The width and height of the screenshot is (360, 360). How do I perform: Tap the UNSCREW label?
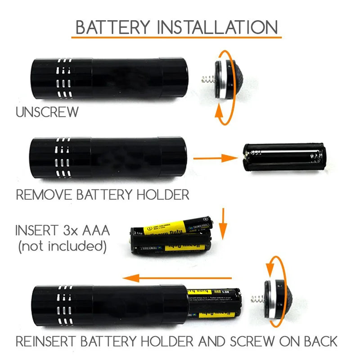[47, 112]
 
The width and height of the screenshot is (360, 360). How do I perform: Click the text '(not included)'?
[62, 246]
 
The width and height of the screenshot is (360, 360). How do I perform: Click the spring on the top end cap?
[206, 81]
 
